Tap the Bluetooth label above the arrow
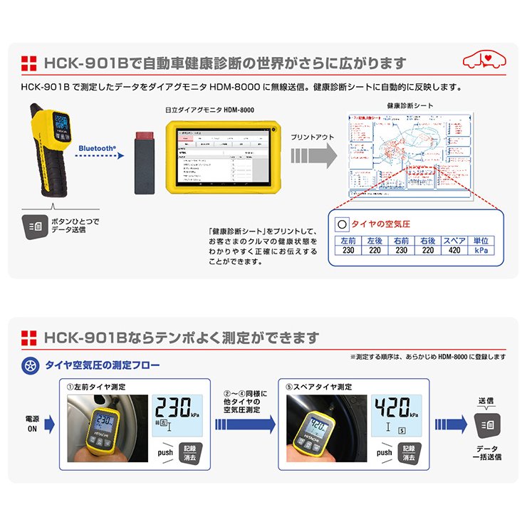(97, 148)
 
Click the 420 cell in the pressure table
(454, 251)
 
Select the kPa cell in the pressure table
(481, 251)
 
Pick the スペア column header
(454, 241)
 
